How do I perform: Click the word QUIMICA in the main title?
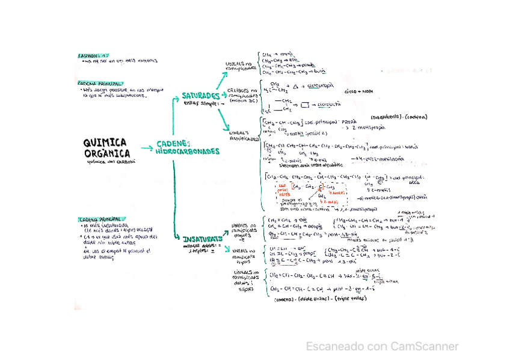point(105,142)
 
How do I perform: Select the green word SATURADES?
point(201,96)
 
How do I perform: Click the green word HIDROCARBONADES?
point(188,151)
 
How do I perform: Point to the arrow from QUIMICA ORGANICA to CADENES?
point(146,147)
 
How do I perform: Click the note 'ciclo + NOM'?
point(358,92)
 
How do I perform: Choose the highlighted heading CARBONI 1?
point(93,55)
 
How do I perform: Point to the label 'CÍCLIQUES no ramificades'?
point(242,96)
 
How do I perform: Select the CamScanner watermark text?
point(381,346)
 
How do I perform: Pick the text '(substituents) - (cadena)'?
point(399,117)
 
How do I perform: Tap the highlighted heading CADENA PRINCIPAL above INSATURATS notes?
point(102,219)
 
